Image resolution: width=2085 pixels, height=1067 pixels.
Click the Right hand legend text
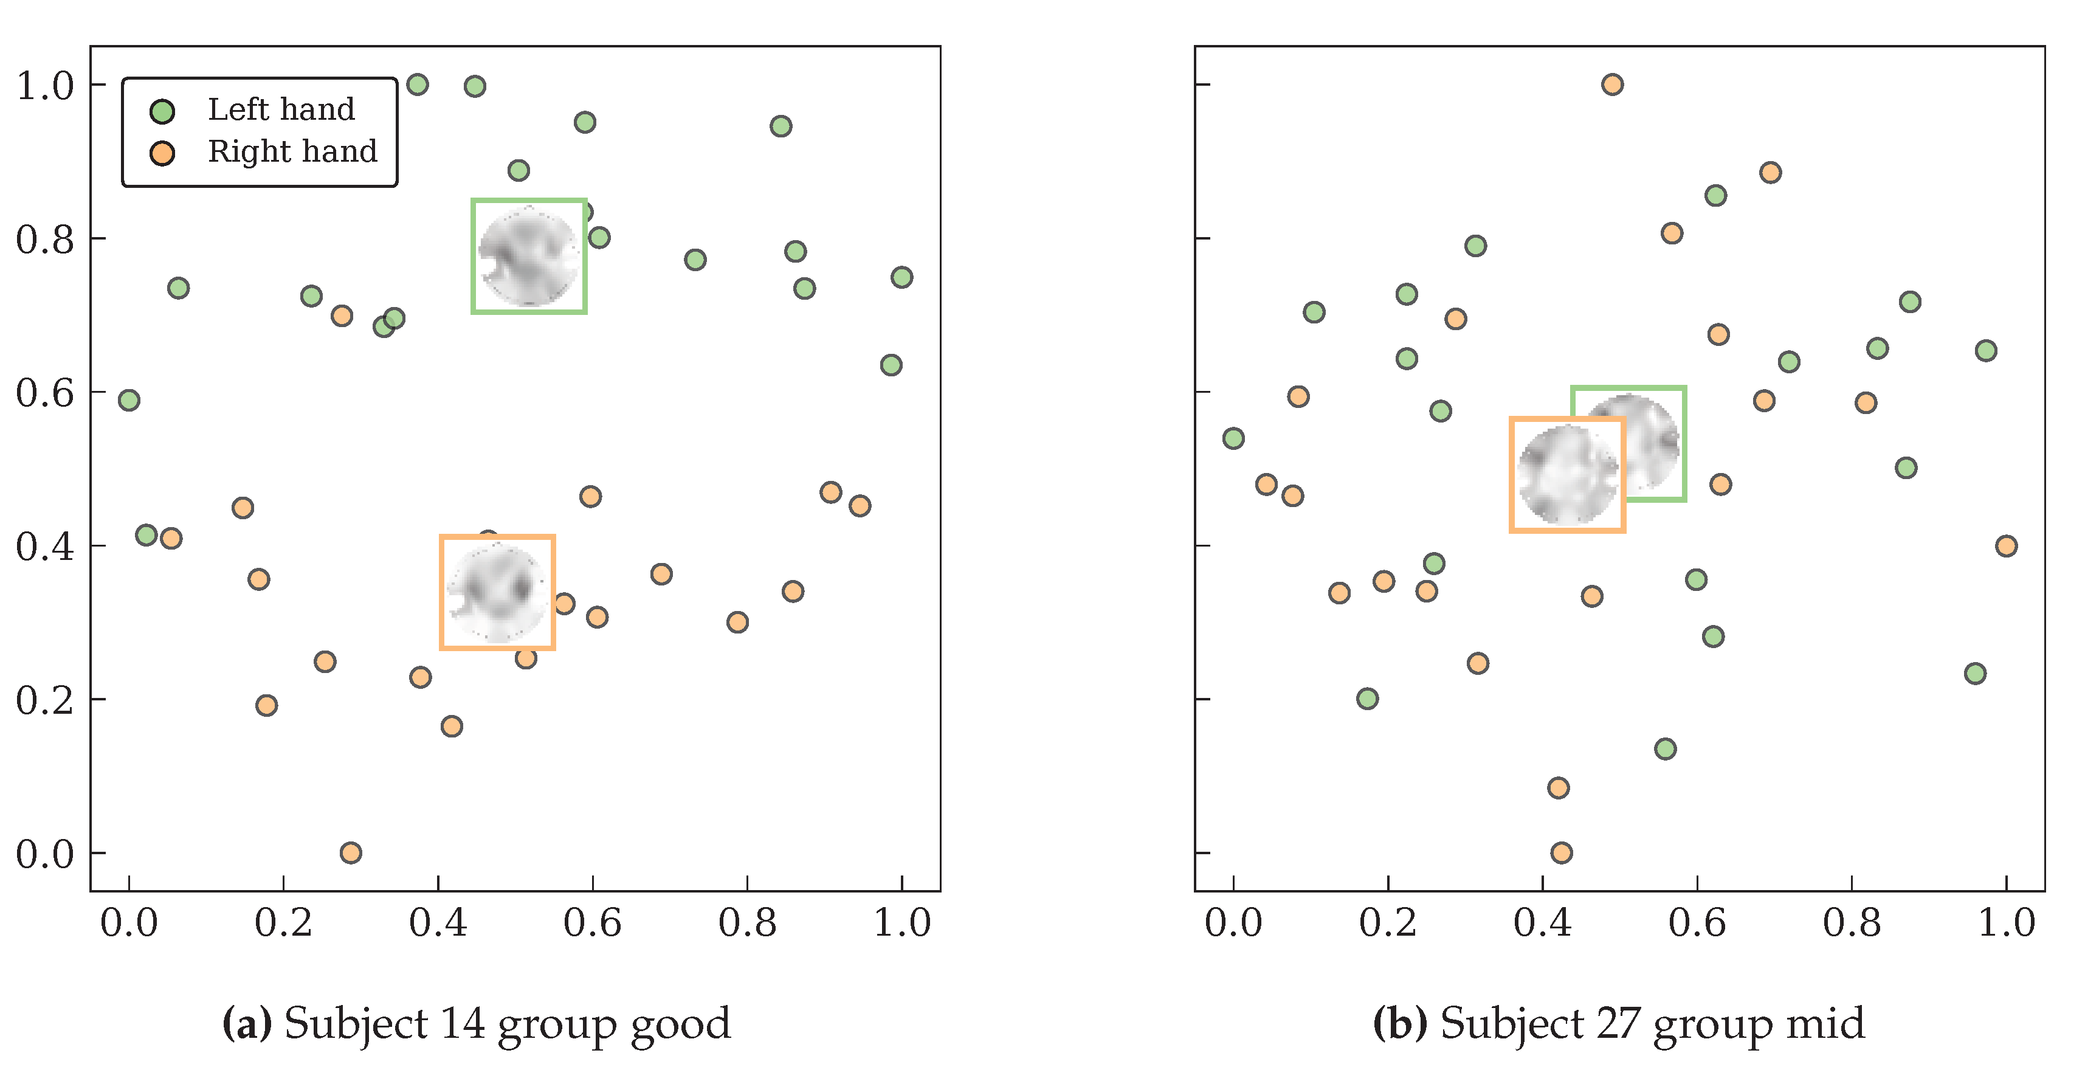click(x=292, y=151)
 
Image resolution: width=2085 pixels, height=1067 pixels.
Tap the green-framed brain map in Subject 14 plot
click(x=528, y=256)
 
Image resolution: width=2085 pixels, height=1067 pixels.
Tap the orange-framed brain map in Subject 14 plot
click(x=497, y=593)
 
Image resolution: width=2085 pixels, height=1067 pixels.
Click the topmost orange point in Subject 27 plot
click(x=1611, y=84)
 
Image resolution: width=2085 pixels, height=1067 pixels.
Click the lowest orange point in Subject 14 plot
click(x=351, y=852)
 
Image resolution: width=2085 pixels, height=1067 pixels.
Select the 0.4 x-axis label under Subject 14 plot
click(x=438, y=923)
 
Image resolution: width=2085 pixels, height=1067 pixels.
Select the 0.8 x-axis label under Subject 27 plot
click(x=1851, y=923)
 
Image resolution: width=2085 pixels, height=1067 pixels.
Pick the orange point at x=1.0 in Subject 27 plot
click(x=2005, y=545)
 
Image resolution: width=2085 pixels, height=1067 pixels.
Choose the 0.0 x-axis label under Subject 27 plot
click(x=1233, y=923)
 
